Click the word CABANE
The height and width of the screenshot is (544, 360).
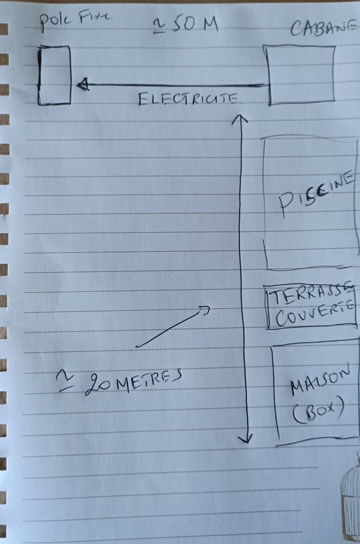point(324,28)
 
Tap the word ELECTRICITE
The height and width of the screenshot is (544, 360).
point(189,98)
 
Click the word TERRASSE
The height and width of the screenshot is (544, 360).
point(312,296)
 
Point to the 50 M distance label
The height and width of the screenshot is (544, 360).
point(193,24)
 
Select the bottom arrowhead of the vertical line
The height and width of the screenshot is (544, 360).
point(247,438)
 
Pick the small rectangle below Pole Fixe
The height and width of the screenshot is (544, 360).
point(54,75)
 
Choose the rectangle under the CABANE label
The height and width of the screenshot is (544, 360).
point(301,75)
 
